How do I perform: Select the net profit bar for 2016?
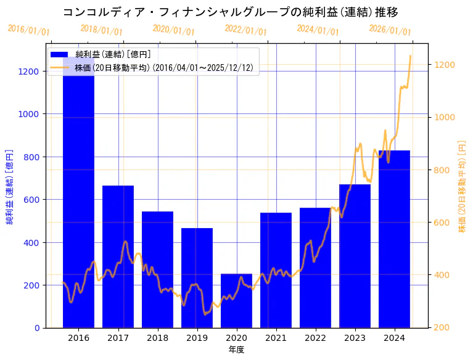click(78, 203)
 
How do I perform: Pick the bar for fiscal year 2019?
click(197, 277)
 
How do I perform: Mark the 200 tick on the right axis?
click(442, 327)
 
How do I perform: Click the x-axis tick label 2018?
click(157, 338)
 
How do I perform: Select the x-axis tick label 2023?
click(355, 338)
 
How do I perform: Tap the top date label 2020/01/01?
click(173, 30)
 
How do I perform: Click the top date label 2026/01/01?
click(390, 30)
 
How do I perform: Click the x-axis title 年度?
click(236, 350)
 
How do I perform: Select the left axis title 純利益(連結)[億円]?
click(9, 187)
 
